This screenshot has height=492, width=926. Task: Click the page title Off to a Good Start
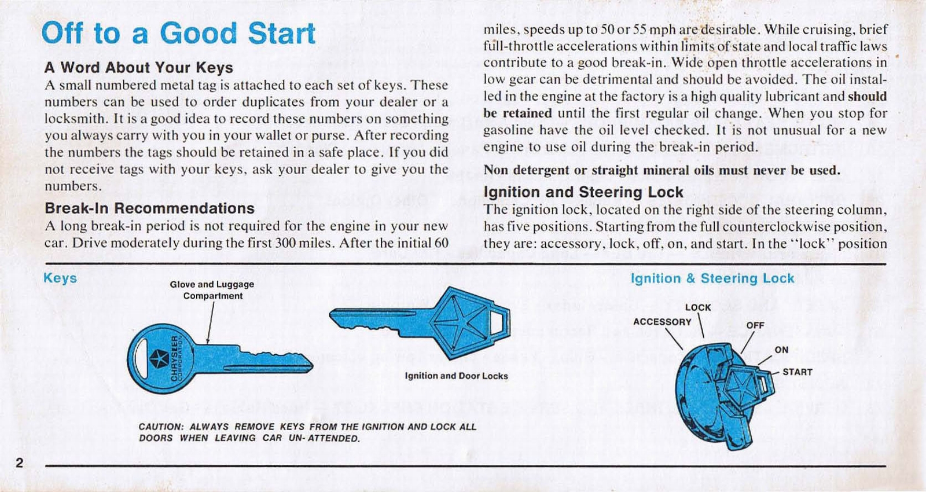point(178,33)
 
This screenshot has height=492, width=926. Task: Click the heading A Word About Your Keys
point(138,68)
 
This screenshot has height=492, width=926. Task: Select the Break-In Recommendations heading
point(149,208)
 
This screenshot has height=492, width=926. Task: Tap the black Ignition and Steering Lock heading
point(583,192)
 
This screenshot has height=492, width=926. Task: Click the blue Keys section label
point(60,278)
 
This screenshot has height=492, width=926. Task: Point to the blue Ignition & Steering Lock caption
point(712,278)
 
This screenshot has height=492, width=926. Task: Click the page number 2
point(19,462)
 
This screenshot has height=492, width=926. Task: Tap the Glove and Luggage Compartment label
point(212,290)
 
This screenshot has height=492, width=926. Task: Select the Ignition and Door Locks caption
point(456,376)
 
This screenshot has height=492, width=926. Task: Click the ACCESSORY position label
point(662,322)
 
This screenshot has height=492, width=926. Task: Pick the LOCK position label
point(698,308)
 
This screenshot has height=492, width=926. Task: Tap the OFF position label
point(755,325)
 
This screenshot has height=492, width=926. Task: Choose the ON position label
point(781,350)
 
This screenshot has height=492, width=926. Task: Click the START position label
point(797,372)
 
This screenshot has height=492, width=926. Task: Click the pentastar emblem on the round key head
point(159,359)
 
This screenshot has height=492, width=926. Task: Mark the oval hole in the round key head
point(138,359)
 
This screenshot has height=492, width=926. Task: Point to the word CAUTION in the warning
point(161,427)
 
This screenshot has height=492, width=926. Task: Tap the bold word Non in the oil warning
point(496,170)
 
